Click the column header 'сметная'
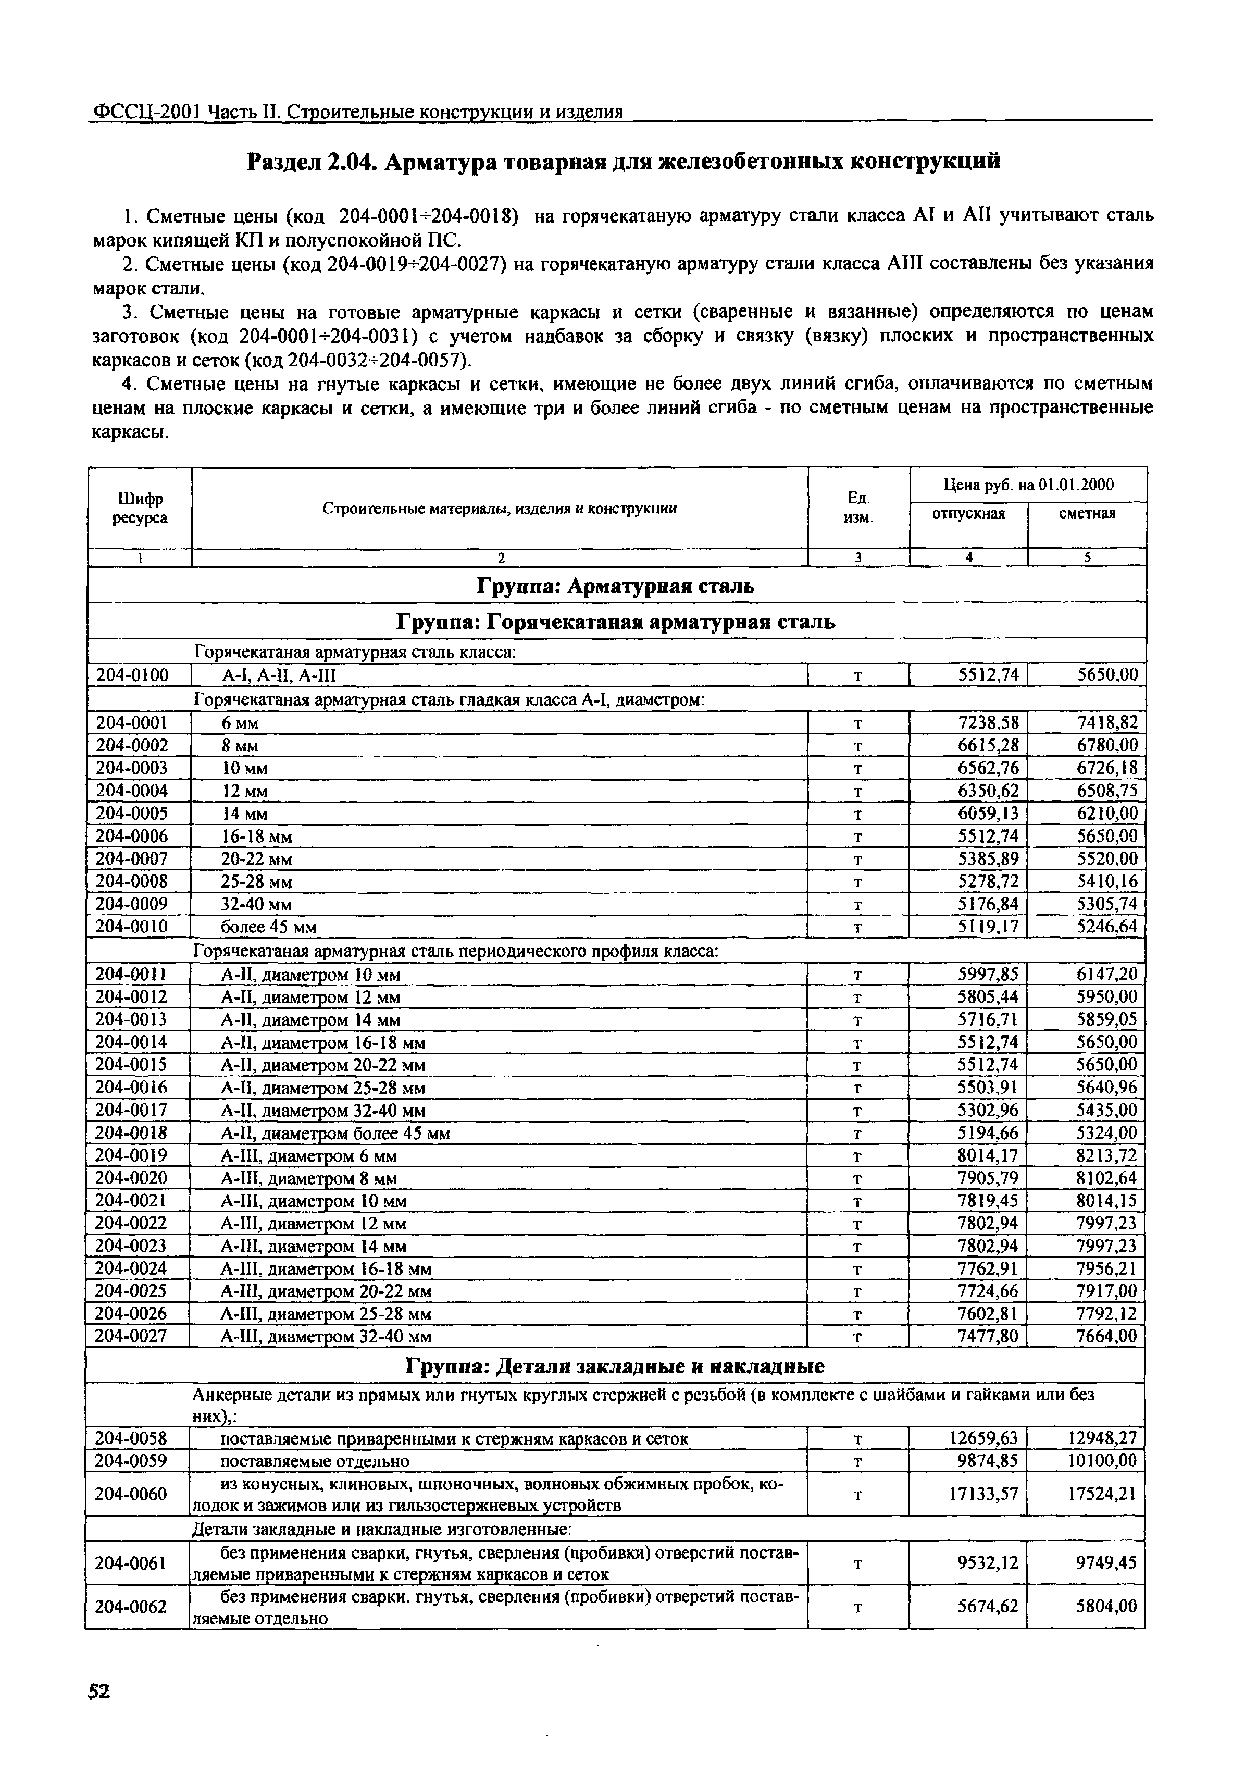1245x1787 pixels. coord(1087,514)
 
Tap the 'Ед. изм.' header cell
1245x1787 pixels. coord(858,508)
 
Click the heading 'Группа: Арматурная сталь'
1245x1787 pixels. coord(615,585)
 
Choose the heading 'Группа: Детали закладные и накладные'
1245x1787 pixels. coord(615,1367)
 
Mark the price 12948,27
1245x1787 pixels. coord(1100,1438)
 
